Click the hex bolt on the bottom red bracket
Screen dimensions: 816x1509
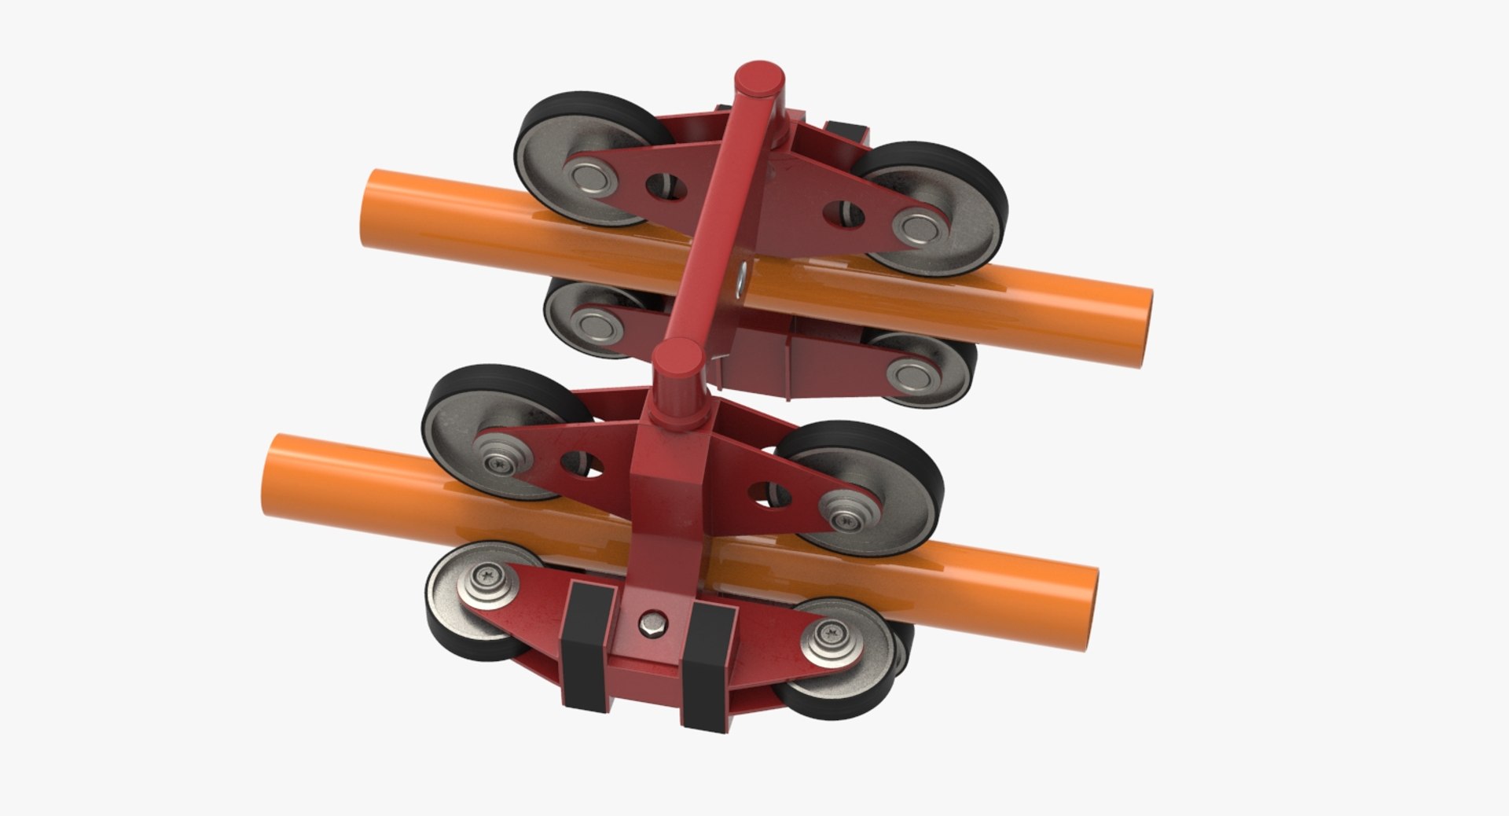click(654, 626)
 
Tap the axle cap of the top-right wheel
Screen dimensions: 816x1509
click(916, 228)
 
